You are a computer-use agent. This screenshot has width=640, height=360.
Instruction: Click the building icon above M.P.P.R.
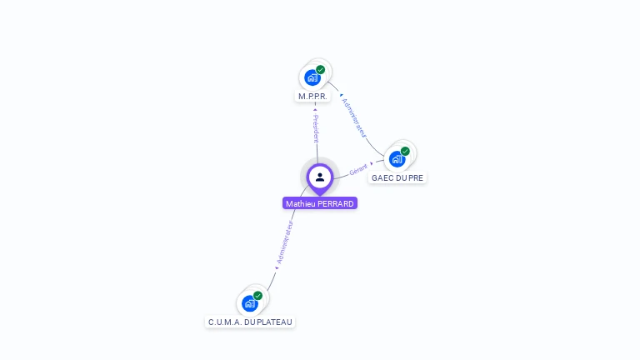pyautogui.click(x=312, y=78)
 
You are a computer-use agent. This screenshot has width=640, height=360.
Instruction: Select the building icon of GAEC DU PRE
pyautogui.click(x=397, y=159)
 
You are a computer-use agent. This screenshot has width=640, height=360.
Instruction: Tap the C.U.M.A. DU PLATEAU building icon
pyautogui.click(x=249, y=303)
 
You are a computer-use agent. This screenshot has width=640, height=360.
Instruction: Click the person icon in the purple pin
pyautogui.click(x=320, y=177)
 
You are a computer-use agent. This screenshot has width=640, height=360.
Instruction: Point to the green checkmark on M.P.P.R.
pyautogui.click(x=321, y=70)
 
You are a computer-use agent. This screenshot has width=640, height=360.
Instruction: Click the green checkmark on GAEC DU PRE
pyautogui.click(x=405, y=152)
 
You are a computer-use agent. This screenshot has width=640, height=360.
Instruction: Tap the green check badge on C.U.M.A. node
pyautogui.click(x=257, y=296)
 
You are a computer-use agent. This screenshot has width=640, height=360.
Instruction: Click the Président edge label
pyautogui.click(x=316, y=126)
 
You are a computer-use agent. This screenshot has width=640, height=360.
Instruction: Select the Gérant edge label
pyautogui.click(x=358, y=167)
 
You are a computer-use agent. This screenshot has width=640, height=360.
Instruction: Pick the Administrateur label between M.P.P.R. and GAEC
pyautogui.click(x=354, y=117)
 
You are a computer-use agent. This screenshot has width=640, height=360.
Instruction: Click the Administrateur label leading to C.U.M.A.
pyautogui.click(x=285, y=244)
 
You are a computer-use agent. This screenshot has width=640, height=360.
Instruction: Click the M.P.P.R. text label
pyautogui.click(x=313, y=97)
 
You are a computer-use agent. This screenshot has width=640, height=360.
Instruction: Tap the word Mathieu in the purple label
pyautogui.click(x=300, y=203)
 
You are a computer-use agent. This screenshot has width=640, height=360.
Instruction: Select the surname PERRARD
pyautogui.click(x=336, y=203)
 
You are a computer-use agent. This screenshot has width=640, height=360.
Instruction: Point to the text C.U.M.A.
pyautogui.click(x=225, y=322)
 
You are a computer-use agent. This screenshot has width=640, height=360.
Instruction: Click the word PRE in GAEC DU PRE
pyautogui.click(x=416, y=178)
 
